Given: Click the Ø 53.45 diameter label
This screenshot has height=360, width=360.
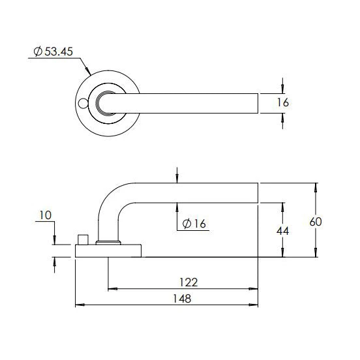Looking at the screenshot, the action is coord(53,52).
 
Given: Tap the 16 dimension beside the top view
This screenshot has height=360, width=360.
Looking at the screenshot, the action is coord(282,102).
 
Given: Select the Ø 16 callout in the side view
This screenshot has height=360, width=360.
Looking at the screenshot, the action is coord(194,224).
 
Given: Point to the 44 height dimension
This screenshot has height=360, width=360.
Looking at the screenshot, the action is coord(282,231).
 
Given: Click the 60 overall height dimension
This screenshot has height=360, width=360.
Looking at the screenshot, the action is coord(316,222).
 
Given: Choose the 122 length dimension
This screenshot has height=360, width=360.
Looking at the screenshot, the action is coord(188,282).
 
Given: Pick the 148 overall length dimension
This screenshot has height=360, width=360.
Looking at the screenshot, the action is coord(182,299).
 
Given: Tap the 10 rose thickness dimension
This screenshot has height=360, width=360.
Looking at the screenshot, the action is coord(45,215).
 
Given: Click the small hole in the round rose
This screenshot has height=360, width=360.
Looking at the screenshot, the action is coord(82,104).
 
